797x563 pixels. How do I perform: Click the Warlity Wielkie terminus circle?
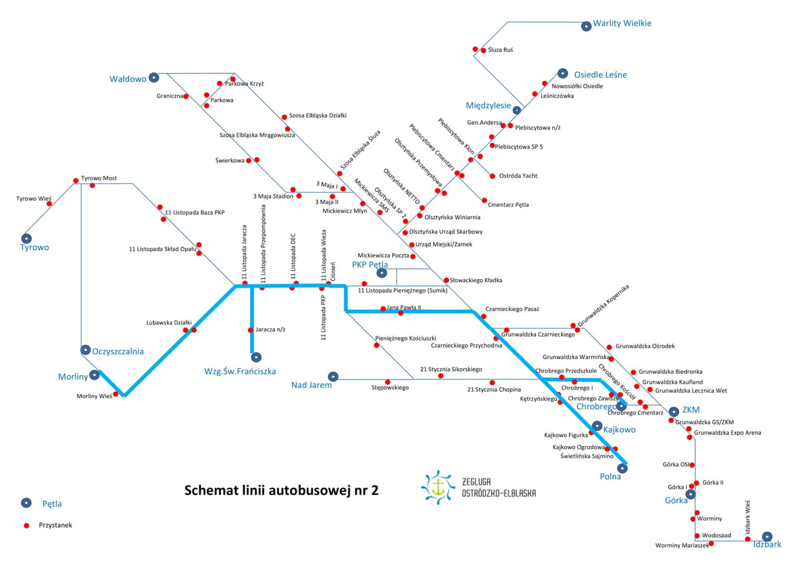tap(586, 26)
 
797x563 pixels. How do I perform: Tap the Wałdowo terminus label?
tap(128, 79)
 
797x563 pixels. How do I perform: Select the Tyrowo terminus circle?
tap(26, 238)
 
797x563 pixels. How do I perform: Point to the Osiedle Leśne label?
tap(600, 75)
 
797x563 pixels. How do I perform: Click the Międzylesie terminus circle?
tap(517, 110)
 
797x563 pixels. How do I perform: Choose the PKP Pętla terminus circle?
tap(382, 273)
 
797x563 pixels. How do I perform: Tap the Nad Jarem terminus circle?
tap(333, 376)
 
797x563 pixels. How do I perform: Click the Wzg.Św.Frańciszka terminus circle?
tap(256, 357)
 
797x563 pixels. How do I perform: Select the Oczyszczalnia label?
tap(118, 351)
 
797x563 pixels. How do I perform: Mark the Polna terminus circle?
tap(622, 468)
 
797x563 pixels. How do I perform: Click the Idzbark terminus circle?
tap(767, 536)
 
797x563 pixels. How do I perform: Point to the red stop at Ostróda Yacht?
tap(493, 176)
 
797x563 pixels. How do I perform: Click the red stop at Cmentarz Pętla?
tap(484, 201)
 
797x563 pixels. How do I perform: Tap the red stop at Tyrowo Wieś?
tap(49, 204)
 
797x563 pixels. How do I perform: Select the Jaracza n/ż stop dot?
tap(251, 330)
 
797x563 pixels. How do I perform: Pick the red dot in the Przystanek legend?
tap(26, 525)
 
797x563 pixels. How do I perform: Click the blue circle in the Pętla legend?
tap(26, 503)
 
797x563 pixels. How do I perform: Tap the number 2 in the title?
tap(375, 490)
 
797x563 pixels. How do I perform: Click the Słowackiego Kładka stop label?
tap(476, 280)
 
